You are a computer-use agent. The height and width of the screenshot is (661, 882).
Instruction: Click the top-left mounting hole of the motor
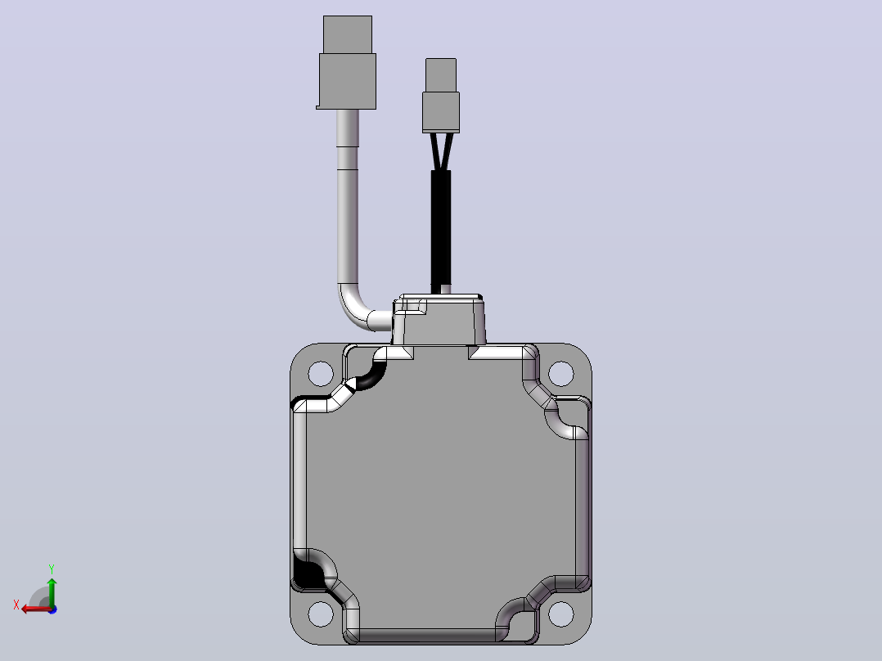point(321,374)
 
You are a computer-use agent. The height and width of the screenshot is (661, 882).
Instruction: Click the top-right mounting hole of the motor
point(560,374)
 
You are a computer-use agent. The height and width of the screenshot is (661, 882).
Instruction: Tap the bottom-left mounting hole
point(321,614)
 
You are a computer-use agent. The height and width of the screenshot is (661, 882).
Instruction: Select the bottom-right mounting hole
point(560,614)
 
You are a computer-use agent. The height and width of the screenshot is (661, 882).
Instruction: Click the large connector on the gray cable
point(347,62)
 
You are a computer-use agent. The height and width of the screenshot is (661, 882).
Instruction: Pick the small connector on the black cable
point(441,96)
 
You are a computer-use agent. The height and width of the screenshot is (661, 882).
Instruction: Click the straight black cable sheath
point(441,232)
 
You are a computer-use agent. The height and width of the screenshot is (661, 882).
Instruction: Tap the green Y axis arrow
point(52,591)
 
